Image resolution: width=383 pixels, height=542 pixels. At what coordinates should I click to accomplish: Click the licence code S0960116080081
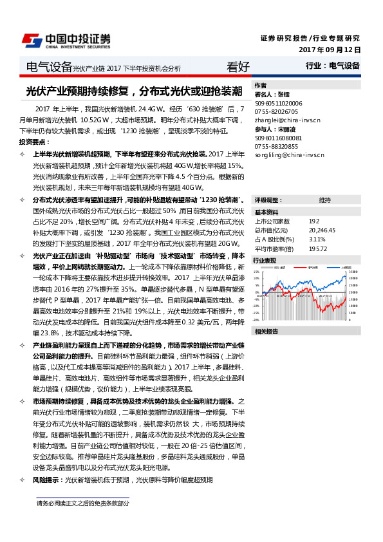tap(279, 138)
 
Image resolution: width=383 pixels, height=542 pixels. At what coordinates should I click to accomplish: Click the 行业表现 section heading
tap(265, 260)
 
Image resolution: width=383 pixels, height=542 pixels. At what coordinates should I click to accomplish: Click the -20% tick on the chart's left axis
tap(256, 319)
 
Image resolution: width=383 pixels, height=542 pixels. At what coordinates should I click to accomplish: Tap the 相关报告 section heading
tap(266, 332)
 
